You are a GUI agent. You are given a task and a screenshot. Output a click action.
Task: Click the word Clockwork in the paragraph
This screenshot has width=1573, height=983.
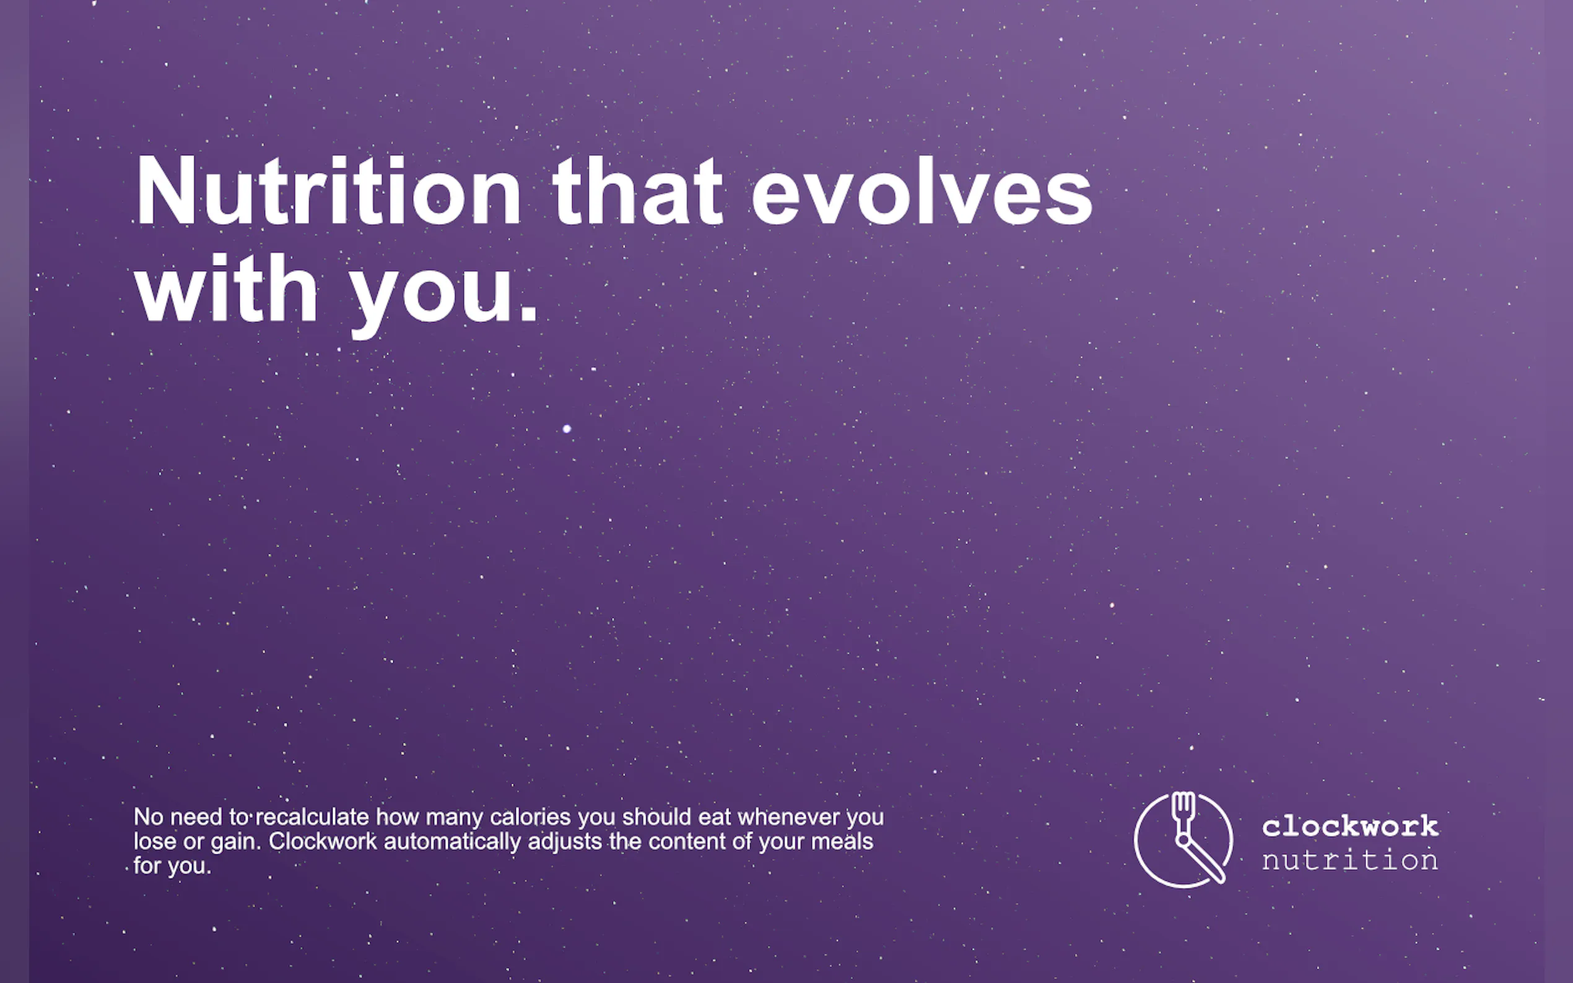coord(323,841)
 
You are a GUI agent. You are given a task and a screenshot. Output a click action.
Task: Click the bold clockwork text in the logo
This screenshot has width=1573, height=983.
coord(1350,826)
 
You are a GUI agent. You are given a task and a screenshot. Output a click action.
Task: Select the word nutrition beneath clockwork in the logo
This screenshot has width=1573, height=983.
coord(1350,860)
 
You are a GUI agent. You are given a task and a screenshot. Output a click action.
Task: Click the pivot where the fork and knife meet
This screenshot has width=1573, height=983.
coord(1183,841)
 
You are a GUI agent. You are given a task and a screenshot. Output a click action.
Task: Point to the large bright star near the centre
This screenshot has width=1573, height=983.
coord(567,428)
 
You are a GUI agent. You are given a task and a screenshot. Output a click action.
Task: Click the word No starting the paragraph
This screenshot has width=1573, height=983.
coord(148,816)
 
